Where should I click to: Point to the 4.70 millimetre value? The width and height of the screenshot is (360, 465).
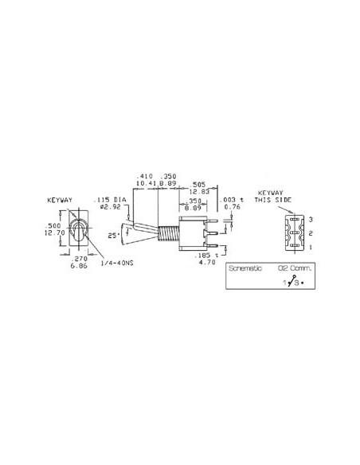click(207, 261)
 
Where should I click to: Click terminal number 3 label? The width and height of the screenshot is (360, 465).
click(311, 218)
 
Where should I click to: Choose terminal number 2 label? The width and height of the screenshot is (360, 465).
click(311, 232)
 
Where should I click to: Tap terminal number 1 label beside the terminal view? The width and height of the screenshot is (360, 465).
click(311, 247)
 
